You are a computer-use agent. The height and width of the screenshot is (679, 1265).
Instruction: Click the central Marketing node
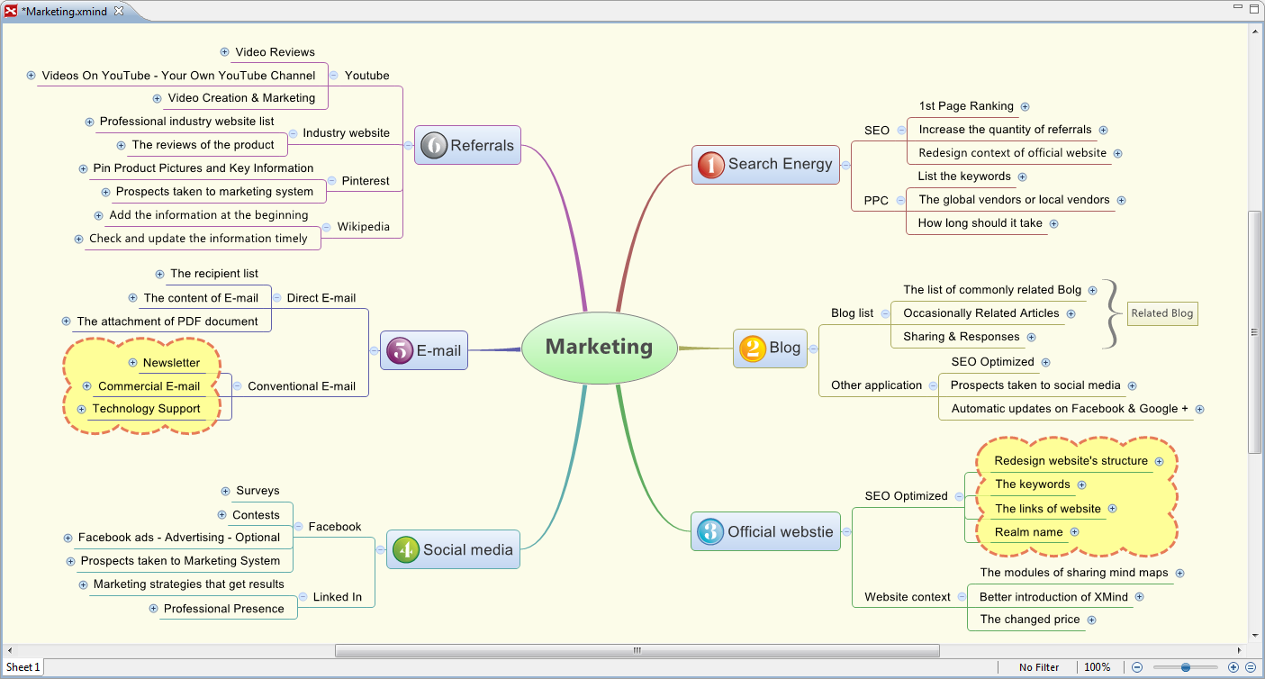point(600,347)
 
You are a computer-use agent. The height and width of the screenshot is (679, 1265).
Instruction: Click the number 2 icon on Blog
point(752,349)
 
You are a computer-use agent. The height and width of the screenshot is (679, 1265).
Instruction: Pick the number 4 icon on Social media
point(406,549)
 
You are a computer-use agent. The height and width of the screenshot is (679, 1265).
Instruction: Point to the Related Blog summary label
point(1161,313)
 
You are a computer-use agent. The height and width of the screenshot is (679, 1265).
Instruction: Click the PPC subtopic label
point(876,201)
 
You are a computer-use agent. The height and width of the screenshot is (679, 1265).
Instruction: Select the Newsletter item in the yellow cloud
point(171,363)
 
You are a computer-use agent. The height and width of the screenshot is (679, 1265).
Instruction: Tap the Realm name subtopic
point(1028,532)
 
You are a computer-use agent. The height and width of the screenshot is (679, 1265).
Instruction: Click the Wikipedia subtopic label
point(363,227)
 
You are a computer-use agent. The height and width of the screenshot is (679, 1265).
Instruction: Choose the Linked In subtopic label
point(337,597)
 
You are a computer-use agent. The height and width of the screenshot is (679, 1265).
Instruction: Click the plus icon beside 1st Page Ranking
point(1025,106)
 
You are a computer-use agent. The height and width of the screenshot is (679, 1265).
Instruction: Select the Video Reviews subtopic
point(275,52)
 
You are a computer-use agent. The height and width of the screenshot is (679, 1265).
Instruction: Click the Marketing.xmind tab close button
point(119,11)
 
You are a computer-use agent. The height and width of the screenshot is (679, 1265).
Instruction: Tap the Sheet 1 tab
point(23,667)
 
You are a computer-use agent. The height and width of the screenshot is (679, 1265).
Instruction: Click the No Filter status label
point(1039,667)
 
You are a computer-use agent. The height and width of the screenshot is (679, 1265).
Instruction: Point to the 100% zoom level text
point(1097,667)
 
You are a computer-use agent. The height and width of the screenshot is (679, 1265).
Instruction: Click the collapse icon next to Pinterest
point(332,181)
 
